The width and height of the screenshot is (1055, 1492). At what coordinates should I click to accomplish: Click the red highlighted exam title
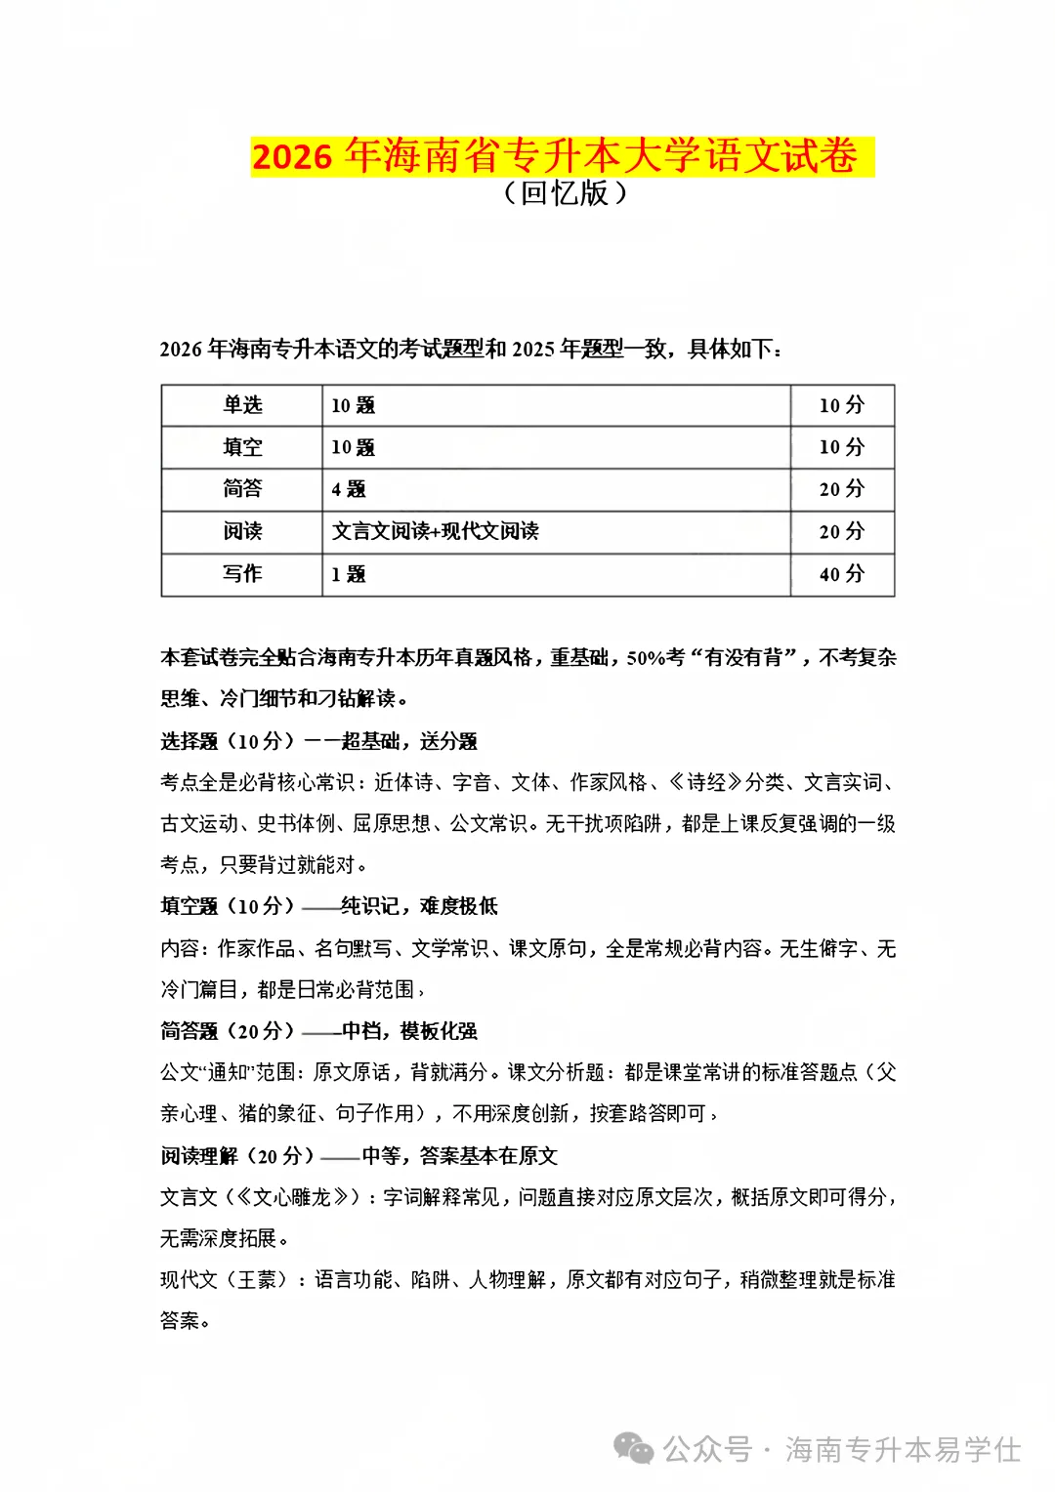tap(562, 156)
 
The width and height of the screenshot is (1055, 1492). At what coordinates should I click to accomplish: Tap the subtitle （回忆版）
tap(565, 193)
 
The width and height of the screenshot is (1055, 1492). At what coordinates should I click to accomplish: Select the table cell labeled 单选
tap(242, 405)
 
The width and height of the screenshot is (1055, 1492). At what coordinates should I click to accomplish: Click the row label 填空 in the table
tap(242, 447)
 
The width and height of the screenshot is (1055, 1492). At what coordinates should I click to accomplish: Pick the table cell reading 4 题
tap(349, 489)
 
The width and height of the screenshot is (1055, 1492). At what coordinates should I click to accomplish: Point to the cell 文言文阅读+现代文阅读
tap(435, 531)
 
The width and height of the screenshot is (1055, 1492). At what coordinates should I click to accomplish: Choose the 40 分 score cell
tap(841, 574)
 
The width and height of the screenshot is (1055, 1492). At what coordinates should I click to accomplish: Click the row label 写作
tap(242, 574)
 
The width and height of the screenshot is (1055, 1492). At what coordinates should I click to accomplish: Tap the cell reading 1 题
tap(349, 574)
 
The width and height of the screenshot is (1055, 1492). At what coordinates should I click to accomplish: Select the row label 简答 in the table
tap(242, 489)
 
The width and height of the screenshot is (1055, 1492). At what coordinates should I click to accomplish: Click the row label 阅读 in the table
tap(242, 531)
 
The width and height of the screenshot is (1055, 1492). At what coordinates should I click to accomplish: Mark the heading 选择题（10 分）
tap(228, 741)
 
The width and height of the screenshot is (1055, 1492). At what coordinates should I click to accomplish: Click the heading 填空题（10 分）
tap(228, 906)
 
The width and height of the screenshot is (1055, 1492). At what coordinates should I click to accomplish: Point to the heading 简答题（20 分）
tap(228, 1031)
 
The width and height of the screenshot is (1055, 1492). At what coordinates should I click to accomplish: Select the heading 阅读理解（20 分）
tap(237, 1156)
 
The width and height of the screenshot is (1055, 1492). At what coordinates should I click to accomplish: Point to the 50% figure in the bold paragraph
tap(646, 658)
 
